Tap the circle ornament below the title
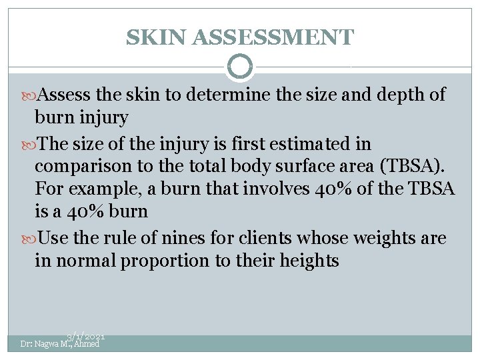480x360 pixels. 240,67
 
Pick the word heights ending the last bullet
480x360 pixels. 310,260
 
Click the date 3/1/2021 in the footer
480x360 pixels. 86,338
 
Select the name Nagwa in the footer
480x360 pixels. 47,344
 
